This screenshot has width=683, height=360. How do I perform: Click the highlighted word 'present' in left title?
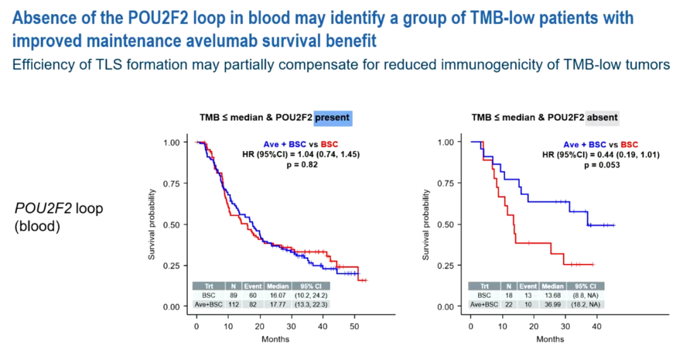(333, 118)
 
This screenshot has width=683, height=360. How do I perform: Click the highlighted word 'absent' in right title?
(602, 118)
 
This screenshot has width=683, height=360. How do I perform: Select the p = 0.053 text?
(601, 164)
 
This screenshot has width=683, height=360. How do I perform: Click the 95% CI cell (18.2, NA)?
(586, 304)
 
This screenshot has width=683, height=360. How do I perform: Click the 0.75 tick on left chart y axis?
(173, 183)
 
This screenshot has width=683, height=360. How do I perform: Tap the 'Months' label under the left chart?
(276, 339)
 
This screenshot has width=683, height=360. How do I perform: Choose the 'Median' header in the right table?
(553, 285)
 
